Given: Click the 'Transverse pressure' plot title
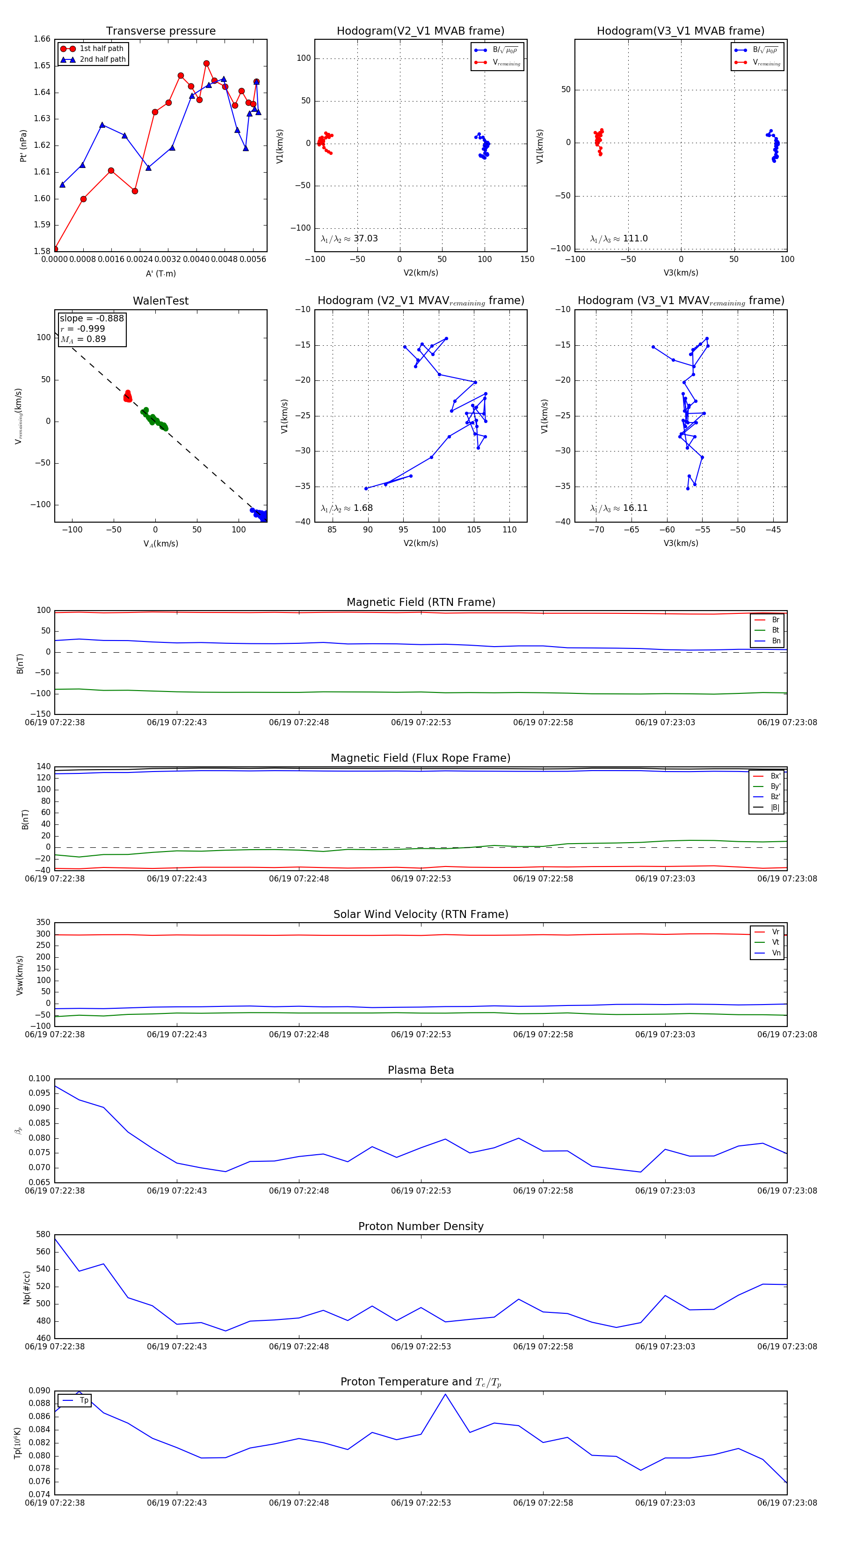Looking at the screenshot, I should (160, 31).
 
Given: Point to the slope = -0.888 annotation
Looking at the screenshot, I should (92, 318).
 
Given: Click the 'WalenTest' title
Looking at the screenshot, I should (160, 301).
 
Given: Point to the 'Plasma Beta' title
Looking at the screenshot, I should (421, 1070).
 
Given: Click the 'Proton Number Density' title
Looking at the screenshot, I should (421, 1226).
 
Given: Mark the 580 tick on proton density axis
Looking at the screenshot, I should (43, 1234).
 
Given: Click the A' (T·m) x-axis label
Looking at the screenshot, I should (160, 273).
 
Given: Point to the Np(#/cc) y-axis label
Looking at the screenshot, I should (26, 1288).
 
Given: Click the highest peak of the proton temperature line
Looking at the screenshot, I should (445, 1394).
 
